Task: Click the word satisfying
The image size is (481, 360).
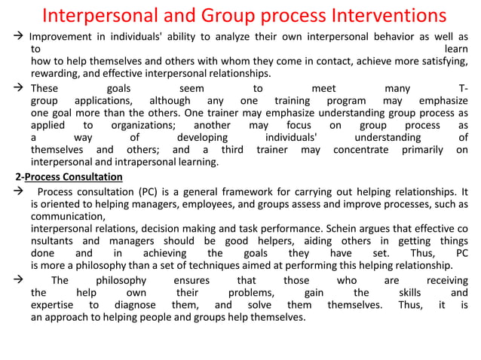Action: (444, 62)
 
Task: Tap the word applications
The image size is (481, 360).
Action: (108, 101)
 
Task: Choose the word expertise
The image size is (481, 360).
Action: (54, 305)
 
